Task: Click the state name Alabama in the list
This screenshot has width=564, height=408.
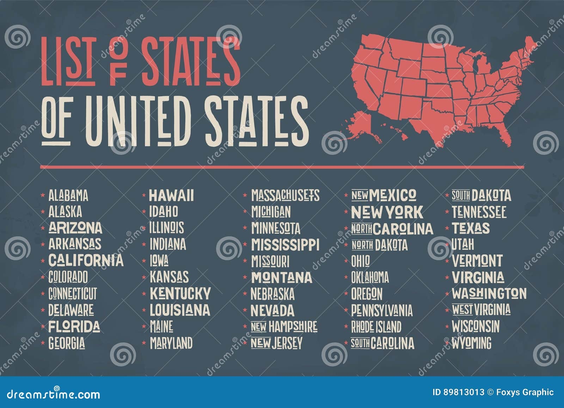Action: (68, 195)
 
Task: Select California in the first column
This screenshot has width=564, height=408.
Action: (86, 260)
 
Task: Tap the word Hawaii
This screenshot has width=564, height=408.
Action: (171, 195)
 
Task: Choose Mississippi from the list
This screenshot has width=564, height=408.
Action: (285, 244)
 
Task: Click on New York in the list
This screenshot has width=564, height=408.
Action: (387, 212)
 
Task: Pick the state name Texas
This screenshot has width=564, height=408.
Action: (471, 228)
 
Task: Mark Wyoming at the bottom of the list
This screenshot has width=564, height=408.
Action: (472, 342)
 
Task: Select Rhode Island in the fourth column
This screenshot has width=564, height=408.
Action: (376, 327)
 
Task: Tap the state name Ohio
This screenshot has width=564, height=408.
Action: (360, 261)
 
